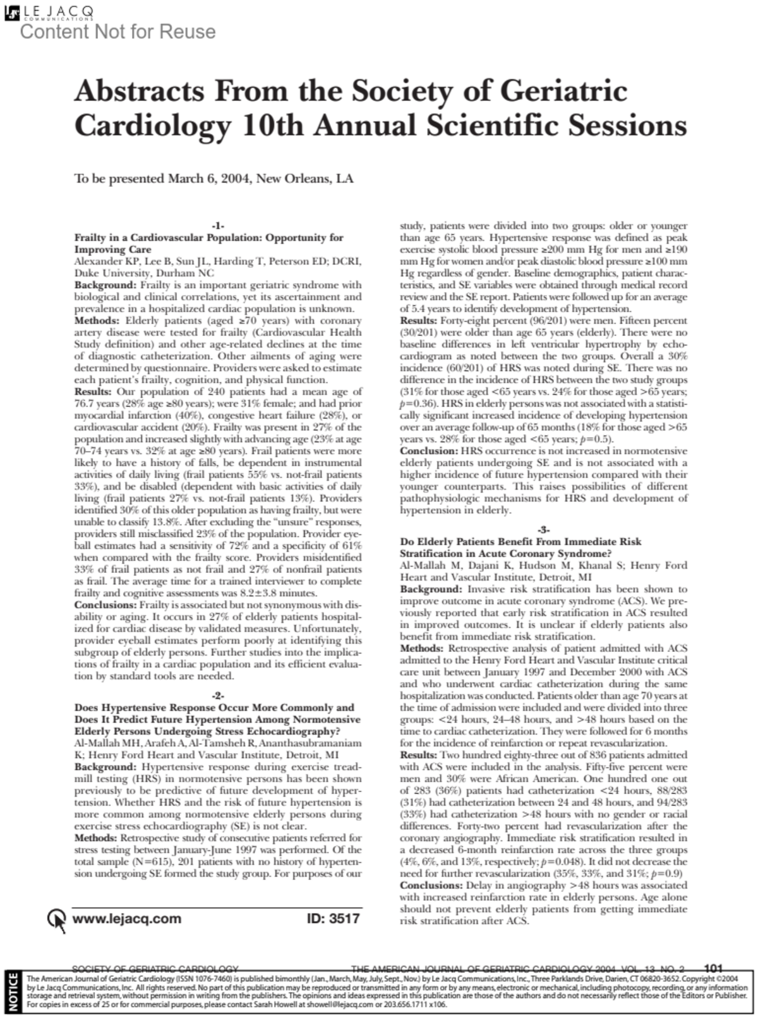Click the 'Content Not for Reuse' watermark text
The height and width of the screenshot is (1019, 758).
[118, 32]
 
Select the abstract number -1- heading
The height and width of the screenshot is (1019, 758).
[218, 226]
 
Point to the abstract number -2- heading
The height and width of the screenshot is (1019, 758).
[218, 696]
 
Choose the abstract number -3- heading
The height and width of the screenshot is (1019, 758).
[543, 529]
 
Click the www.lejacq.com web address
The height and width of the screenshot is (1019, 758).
[127, 919]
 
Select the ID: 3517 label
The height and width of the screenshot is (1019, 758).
[333, 919]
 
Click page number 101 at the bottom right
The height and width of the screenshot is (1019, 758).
[713, 968]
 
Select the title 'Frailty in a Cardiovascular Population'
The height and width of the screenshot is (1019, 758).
[208, 238]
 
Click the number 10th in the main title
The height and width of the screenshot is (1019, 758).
[272, 126]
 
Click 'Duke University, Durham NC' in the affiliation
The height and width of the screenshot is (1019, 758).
[144, 274]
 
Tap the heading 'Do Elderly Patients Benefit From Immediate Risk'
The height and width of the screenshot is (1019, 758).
[520, 541]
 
